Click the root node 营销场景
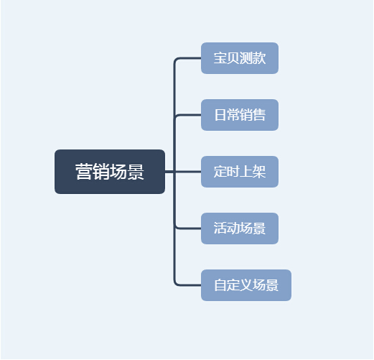point(110,172)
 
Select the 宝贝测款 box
point(240,58)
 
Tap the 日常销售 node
point(240,115)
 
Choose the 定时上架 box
point(240,172)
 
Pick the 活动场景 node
point(240,229)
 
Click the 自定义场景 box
point(246,285)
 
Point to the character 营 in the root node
point(84,172)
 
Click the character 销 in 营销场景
point(101,172)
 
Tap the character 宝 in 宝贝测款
point(220,58)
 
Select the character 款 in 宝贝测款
point(259,58)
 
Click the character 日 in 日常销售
point(220,115)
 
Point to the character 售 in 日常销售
point(259,115)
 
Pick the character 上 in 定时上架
point(246,172)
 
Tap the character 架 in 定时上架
point(259,172)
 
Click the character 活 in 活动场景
point(220,229)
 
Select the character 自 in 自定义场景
point(220,285)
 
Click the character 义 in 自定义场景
point(246,285)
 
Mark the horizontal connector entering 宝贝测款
point(188,58)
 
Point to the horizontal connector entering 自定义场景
point(188,285)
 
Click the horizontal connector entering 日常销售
point(188,115)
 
